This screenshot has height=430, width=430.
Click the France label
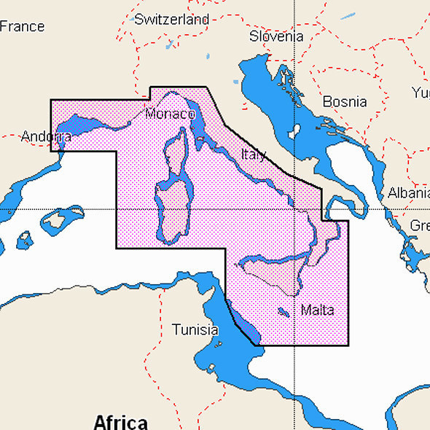(x=23, y=26)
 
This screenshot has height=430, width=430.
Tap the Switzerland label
(x=171, y=20)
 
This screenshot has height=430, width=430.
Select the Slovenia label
(x=275, y=36)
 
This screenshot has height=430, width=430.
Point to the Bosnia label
(x=344, y=101)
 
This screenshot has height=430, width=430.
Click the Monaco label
(x=170, y=114)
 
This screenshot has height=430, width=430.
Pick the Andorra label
(x=46, y=136)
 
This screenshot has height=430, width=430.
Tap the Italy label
(x=253, y=155)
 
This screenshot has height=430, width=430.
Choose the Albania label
(x=408, y=193)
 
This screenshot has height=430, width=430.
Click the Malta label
(x=317, y=310)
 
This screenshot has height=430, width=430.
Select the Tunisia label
(x=195, y=329)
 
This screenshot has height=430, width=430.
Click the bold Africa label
(x=120, y=421)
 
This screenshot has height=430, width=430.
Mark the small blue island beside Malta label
(x=283, y=312)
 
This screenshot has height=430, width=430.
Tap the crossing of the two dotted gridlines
(x=294, y=209)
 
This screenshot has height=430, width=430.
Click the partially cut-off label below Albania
(x=420, y=226)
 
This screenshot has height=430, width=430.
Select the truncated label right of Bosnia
(x=421, y=93)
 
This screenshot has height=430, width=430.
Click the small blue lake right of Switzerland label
(x=208, y=56)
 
